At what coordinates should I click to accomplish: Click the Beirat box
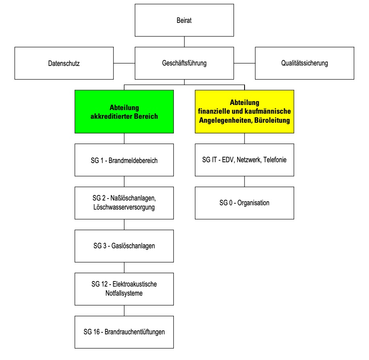pos(184,20)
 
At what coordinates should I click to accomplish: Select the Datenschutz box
pos(64,63)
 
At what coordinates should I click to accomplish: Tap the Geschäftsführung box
pos(184,63)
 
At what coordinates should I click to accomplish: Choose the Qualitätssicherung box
pos(305,63)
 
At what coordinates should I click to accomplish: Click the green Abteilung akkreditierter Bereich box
pos(124,112)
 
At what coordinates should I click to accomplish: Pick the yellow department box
pos(245,112)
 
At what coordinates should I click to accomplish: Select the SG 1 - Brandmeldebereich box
pos(124,160)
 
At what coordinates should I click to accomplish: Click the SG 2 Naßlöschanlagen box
pos(124,203)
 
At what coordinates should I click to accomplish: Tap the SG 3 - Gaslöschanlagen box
pos(124,246)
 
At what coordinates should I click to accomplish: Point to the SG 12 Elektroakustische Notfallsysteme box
pos(124,289)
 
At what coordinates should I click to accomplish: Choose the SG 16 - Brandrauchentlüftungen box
pos(124,332)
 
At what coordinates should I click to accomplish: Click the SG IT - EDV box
pos(245,160)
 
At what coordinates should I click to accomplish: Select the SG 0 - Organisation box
pos(245,203)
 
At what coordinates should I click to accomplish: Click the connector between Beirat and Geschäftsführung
pos(184,42)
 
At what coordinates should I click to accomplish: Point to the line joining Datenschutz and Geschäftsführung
pos(124,63)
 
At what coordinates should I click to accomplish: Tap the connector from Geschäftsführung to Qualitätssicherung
pos(245,63)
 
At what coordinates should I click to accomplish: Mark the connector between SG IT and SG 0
pos(245,182)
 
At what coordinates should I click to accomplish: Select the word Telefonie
pos(275,160)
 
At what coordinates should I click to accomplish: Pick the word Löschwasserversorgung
pos(124,207)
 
